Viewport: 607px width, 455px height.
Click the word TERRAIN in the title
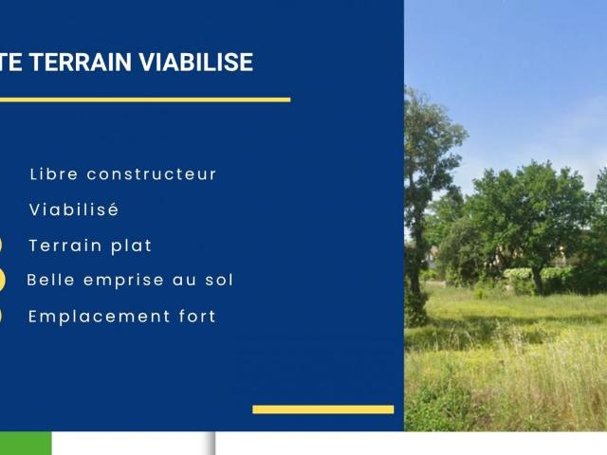tap(81, 63)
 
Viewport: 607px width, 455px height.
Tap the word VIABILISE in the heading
tap(196, 63)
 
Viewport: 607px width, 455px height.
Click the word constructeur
tap(152, 174)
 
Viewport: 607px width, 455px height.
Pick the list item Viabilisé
tap(74, 209)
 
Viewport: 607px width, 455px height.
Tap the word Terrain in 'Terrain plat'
tap(66, 246)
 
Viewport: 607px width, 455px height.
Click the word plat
tap(132, 246)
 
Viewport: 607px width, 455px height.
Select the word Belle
tap(52, 280)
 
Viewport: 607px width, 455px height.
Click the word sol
tap(218, 280)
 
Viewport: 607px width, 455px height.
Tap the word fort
tap(193, 317)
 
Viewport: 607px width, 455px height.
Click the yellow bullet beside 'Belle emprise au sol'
tap(2, 280)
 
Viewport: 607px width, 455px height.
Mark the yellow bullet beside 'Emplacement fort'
tap(1, 317)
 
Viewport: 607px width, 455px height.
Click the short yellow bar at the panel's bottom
tap(322, 409)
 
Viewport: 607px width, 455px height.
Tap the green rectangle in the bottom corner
tap(26, 444)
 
